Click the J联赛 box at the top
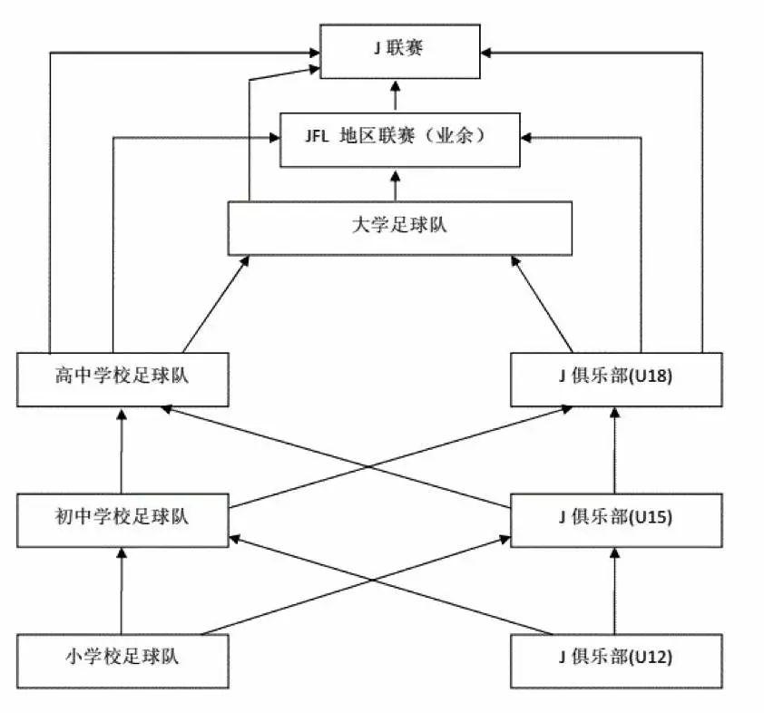[399, 51]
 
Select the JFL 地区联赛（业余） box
[399, 140]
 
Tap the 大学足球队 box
[399, 228]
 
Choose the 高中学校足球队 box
[122, 378]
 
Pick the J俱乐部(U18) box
[616, 378]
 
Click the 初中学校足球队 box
[122, 520]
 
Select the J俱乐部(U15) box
[616, 520]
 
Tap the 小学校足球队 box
[122, 659]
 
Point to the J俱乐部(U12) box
[616, 659]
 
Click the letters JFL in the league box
[318, 138]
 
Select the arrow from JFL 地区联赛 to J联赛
[396, 95]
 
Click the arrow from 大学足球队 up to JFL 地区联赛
[396, 184]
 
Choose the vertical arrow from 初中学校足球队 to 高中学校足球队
[122, 450]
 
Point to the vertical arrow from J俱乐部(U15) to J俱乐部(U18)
[616, 450]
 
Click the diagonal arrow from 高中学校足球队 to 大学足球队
[216, 303]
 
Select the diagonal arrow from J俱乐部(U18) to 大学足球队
[543, 303]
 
